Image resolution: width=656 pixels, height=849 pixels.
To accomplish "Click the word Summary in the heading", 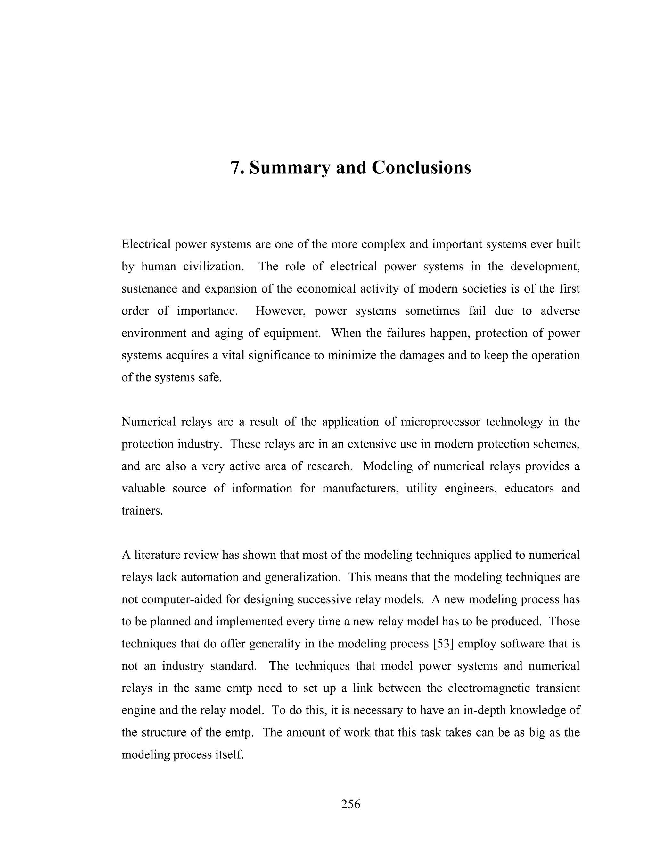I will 290,168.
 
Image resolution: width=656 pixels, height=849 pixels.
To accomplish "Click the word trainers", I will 142,510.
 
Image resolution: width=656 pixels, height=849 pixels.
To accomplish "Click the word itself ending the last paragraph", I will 229,754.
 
